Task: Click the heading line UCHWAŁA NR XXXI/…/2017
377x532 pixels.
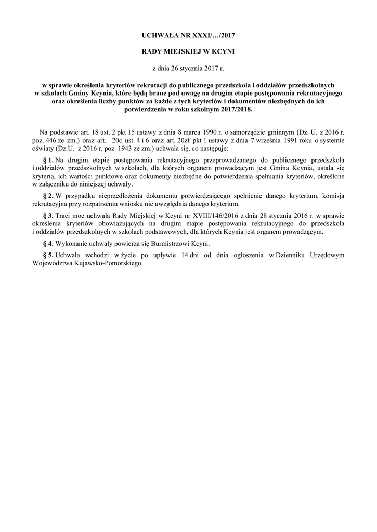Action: [188, 36]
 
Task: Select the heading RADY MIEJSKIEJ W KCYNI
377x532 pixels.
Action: [188, 52]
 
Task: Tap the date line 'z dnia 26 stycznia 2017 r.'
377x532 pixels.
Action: [188, 68]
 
